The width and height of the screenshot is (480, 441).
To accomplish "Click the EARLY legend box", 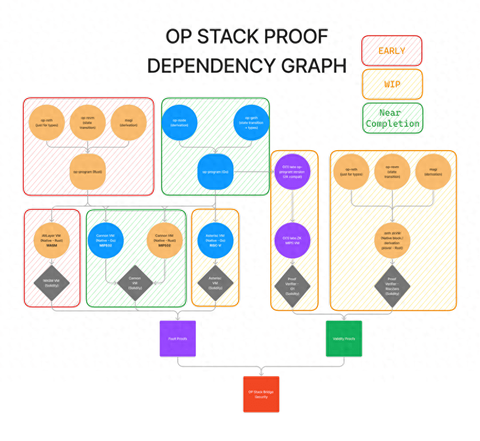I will tap(392, 51).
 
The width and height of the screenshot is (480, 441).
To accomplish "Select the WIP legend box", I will tap(392, 85).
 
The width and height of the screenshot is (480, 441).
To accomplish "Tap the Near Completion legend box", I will tap(392, 119).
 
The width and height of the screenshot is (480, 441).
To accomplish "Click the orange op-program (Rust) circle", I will tap(88, 172).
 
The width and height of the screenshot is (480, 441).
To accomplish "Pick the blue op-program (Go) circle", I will tap(215, 172).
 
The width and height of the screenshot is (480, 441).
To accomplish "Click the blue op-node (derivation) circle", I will tap(180, 122).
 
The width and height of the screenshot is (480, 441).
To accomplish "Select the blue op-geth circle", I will tap(251, 122).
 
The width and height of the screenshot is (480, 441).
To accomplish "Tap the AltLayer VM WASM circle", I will tap(52, 241).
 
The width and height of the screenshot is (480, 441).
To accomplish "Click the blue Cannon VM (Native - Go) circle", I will tap(106, 241).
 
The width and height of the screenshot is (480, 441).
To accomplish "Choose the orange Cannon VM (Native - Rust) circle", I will tap(165, 241).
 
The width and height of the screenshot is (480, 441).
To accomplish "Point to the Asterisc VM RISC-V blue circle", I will tap(215, 241).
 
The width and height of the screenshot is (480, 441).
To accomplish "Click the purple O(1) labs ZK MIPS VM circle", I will tap(292, 241).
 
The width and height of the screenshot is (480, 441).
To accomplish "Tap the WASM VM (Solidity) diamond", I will tap(52, 284).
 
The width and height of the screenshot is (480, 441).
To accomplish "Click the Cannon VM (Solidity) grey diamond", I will tap(135, 284).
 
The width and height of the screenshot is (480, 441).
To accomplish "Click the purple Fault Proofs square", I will tap(178, 339).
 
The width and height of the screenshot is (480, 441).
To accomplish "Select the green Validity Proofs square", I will tap(343, 339).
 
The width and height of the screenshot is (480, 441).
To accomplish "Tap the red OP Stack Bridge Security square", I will tap(261, 394).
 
